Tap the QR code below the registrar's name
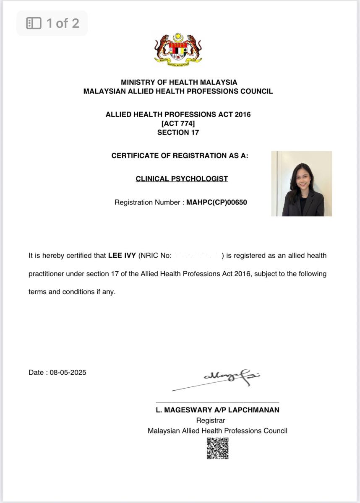tap(218, 449)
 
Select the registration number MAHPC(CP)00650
tap(217, 202)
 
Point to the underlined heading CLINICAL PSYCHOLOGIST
tap(182, 179)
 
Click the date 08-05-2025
tap(68, 372)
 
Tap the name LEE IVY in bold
tap(122, 256)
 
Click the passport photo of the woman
tap(301, 184)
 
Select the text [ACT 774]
tap(178, 124)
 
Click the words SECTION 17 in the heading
tap(178, 133)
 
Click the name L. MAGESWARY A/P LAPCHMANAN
tap(217, 410)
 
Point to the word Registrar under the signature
tap(211, 420)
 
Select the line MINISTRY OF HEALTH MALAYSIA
tap(179, 83)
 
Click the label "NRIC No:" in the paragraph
tap(156, 256)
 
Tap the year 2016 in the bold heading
tap(242, 114)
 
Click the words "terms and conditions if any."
tap(72, 292)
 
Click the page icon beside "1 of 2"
tap(34, 23)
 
